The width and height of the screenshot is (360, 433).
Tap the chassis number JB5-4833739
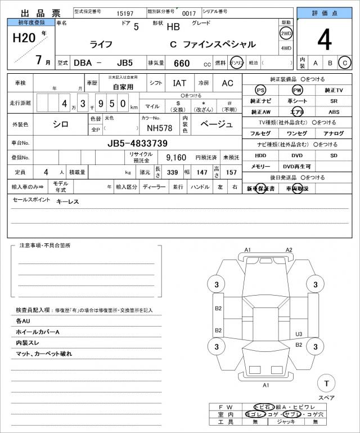click(x=145, y=143)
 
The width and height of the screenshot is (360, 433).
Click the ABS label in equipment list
click(x=334, y=112)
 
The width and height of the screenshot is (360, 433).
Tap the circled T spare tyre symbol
click(x=326, y=383)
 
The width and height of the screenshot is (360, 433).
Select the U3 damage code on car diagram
click(x=299, y=334)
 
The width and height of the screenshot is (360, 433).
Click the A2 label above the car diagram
click(x=289, y=249)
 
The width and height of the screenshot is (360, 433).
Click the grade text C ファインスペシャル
click(x=213, y=44)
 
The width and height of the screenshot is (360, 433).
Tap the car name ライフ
click(x=101, y=44)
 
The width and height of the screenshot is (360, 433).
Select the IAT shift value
click(x=180, y=83)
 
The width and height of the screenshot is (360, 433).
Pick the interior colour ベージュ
click(x=217, y=124)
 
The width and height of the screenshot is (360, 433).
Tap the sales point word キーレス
click(x=67, y=202)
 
